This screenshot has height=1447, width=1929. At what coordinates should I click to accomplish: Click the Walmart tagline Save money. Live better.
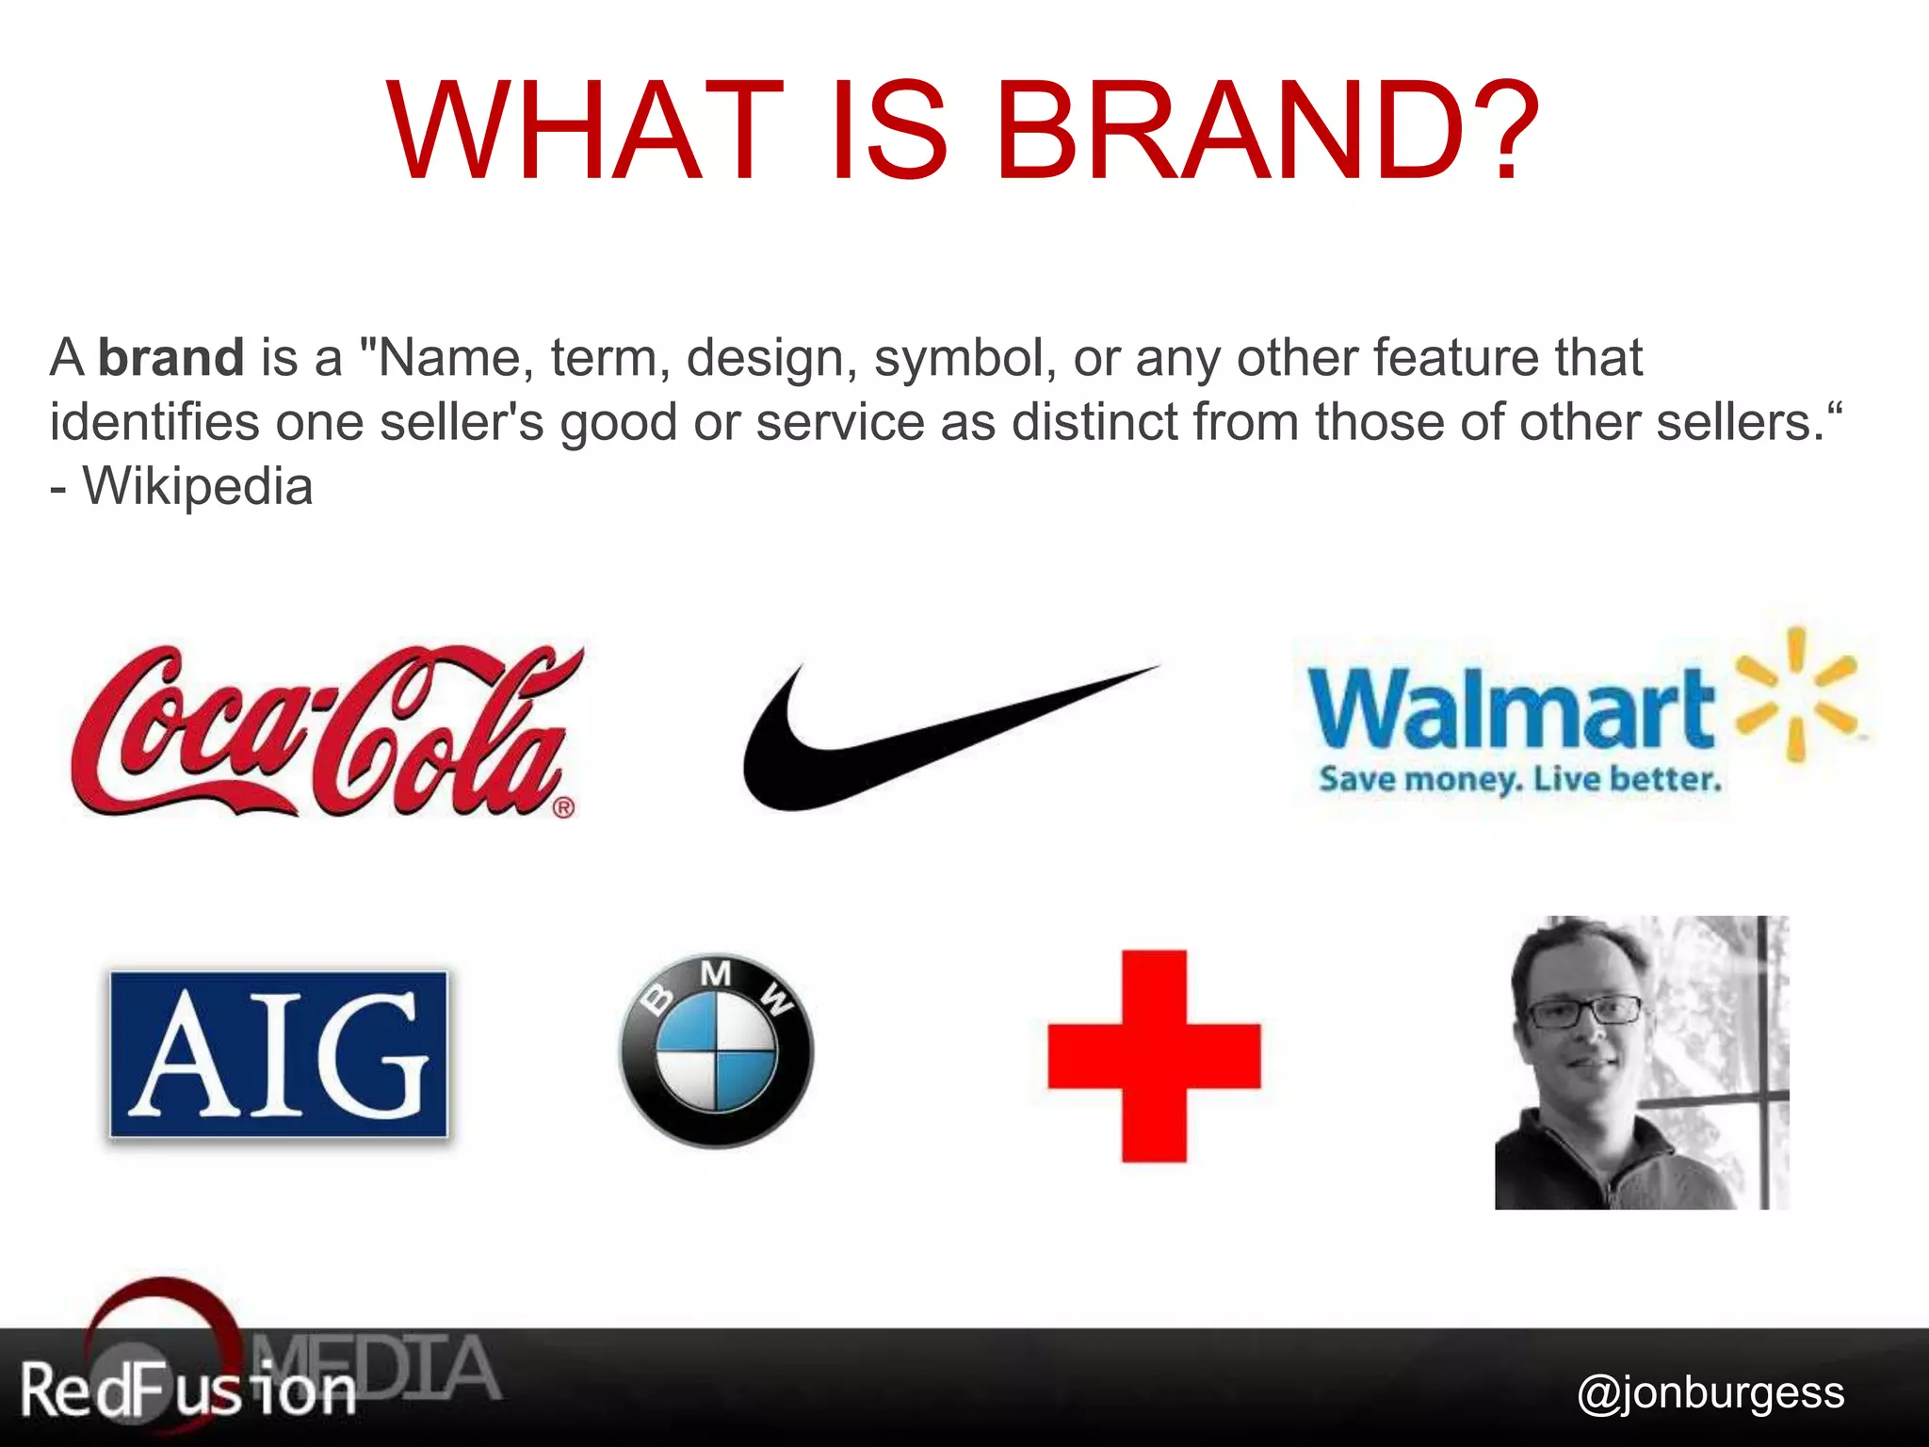pyautogui.click(x=1519, y=780)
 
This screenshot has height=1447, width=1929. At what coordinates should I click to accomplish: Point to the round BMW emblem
pyautogui.click(x=716, y=1051)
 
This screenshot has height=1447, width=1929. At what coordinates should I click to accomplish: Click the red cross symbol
pyautogui.click(x=1154, y=1056)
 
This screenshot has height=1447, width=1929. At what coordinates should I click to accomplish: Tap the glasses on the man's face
pyautogui.click(x=1583, y=1014)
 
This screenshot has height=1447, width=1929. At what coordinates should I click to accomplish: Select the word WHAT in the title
pyautogui.click(x=585, y=132)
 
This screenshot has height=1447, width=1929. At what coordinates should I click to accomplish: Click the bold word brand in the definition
pyautogui.click(x=171, y=358)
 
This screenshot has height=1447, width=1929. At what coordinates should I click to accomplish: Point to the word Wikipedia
pyautogui.click(x=198, y=487)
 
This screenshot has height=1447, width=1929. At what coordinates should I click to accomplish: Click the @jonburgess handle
pyautogui.click(x=1710, y=1392)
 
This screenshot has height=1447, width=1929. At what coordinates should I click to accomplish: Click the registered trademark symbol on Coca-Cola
pyautogui.click(x=563, y=807)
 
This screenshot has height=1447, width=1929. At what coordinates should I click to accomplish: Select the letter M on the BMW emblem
pyautogui.click(x=716, y=974)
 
